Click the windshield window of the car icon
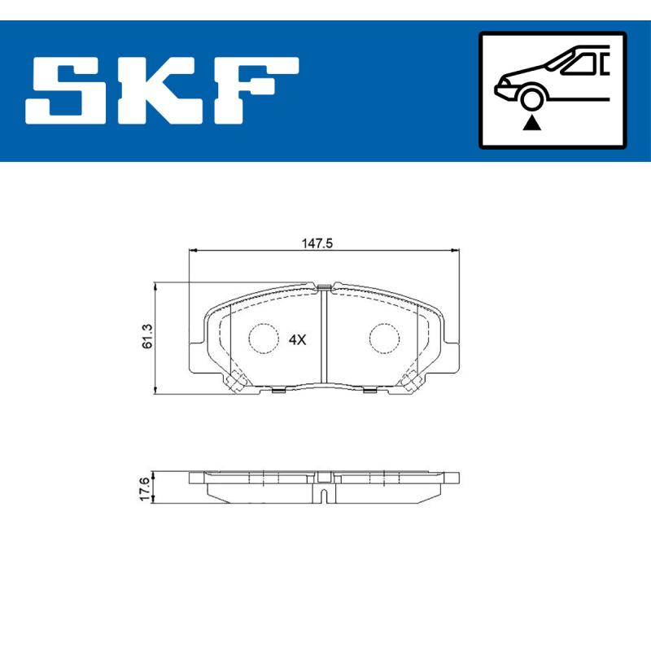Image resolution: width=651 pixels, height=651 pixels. (x=577, y=63)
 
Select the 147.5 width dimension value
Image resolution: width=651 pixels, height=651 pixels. (x=319, y=242)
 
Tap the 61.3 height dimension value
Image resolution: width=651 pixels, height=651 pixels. (x=146, y=335)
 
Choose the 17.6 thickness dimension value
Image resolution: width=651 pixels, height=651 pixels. (x=145, y=491)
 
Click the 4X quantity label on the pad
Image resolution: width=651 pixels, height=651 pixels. (x=297, y=339)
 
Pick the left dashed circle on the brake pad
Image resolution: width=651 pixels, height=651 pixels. (x=263, y=339)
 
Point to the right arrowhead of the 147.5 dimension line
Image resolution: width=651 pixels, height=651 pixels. (x=456, y=251)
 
